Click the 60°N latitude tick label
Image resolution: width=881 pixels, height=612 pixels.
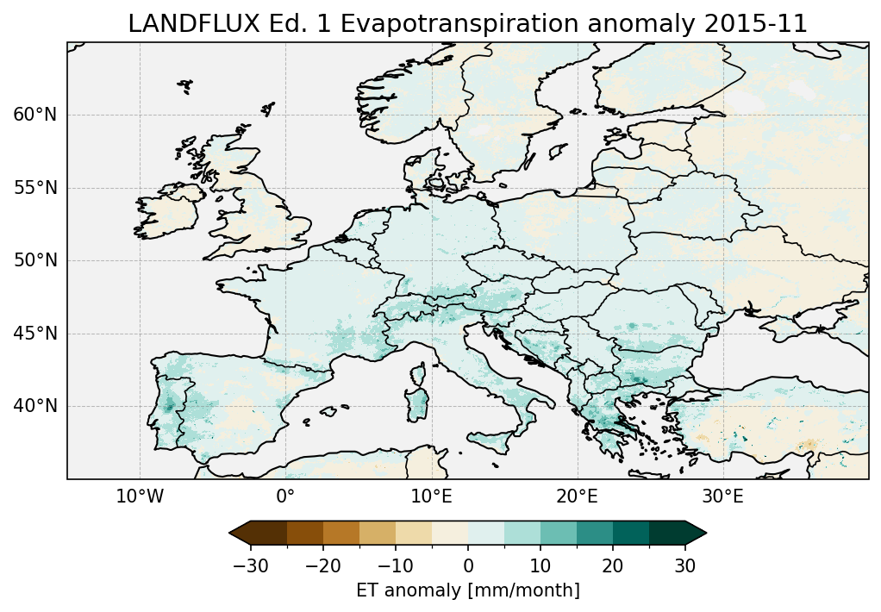(35, 115)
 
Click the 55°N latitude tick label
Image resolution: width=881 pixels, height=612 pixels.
(35, 188)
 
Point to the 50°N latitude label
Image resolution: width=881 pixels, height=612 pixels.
(35, 260)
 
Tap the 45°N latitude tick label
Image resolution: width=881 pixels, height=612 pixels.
(35, 334)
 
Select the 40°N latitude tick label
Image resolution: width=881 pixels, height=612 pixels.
(35, 406)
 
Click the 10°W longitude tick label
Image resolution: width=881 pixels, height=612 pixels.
(140, 496)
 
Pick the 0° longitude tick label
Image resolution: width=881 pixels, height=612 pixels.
(285, 496)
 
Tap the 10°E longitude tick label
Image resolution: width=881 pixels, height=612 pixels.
(431, 496)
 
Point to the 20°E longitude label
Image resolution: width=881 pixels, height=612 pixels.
(577, 496)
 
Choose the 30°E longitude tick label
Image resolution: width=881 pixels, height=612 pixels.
(722, 496)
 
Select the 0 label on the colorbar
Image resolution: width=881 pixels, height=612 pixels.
(468, 565)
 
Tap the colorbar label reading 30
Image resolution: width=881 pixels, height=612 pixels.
(684, 565)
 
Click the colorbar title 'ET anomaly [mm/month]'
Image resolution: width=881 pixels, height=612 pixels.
(468, 590)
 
